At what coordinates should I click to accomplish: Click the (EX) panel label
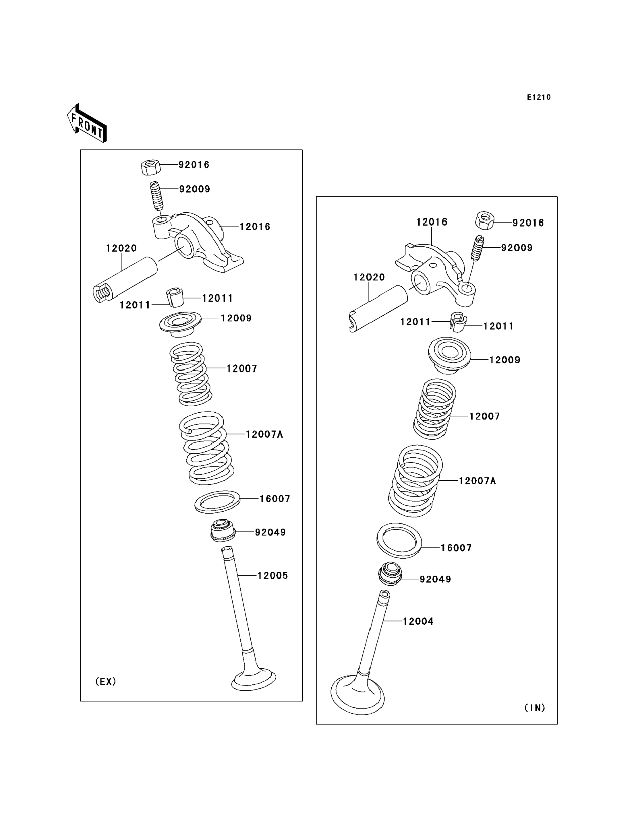[105, 682]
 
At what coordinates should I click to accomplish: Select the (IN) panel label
[535, 708]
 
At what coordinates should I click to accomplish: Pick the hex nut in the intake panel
[485, 221]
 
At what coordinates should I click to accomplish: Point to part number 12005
[272, 576]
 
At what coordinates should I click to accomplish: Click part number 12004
[418, 621]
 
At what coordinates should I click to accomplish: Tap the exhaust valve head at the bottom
[254, 679]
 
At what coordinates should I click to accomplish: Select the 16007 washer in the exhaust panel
[217, 502]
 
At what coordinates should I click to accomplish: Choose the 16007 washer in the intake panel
[399, 541]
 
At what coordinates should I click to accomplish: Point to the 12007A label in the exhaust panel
[264, 434]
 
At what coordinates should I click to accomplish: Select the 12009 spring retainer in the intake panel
[449, 355]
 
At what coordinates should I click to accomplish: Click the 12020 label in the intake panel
[369, 277]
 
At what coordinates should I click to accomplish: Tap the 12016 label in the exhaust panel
[255, 227]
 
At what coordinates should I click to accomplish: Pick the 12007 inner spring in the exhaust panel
[191, 373]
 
